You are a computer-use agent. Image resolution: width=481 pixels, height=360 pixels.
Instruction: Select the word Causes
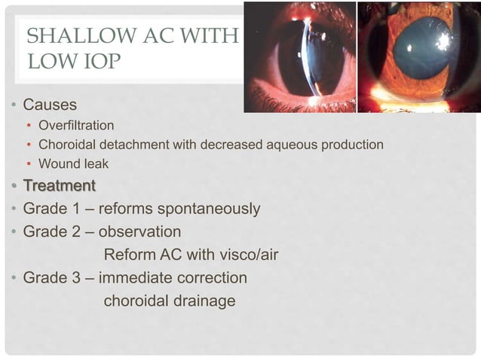pos(50,104)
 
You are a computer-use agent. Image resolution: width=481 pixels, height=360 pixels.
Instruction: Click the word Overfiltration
pos(77,124)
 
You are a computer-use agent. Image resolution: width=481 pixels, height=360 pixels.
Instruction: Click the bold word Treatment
pos(60,185)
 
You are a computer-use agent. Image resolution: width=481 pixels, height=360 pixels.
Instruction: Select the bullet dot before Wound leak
pos(29,164)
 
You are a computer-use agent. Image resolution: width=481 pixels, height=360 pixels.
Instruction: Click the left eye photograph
pos(299,56)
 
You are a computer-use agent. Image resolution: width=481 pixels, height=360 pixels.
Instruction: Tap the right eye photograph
pos(418,56)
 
